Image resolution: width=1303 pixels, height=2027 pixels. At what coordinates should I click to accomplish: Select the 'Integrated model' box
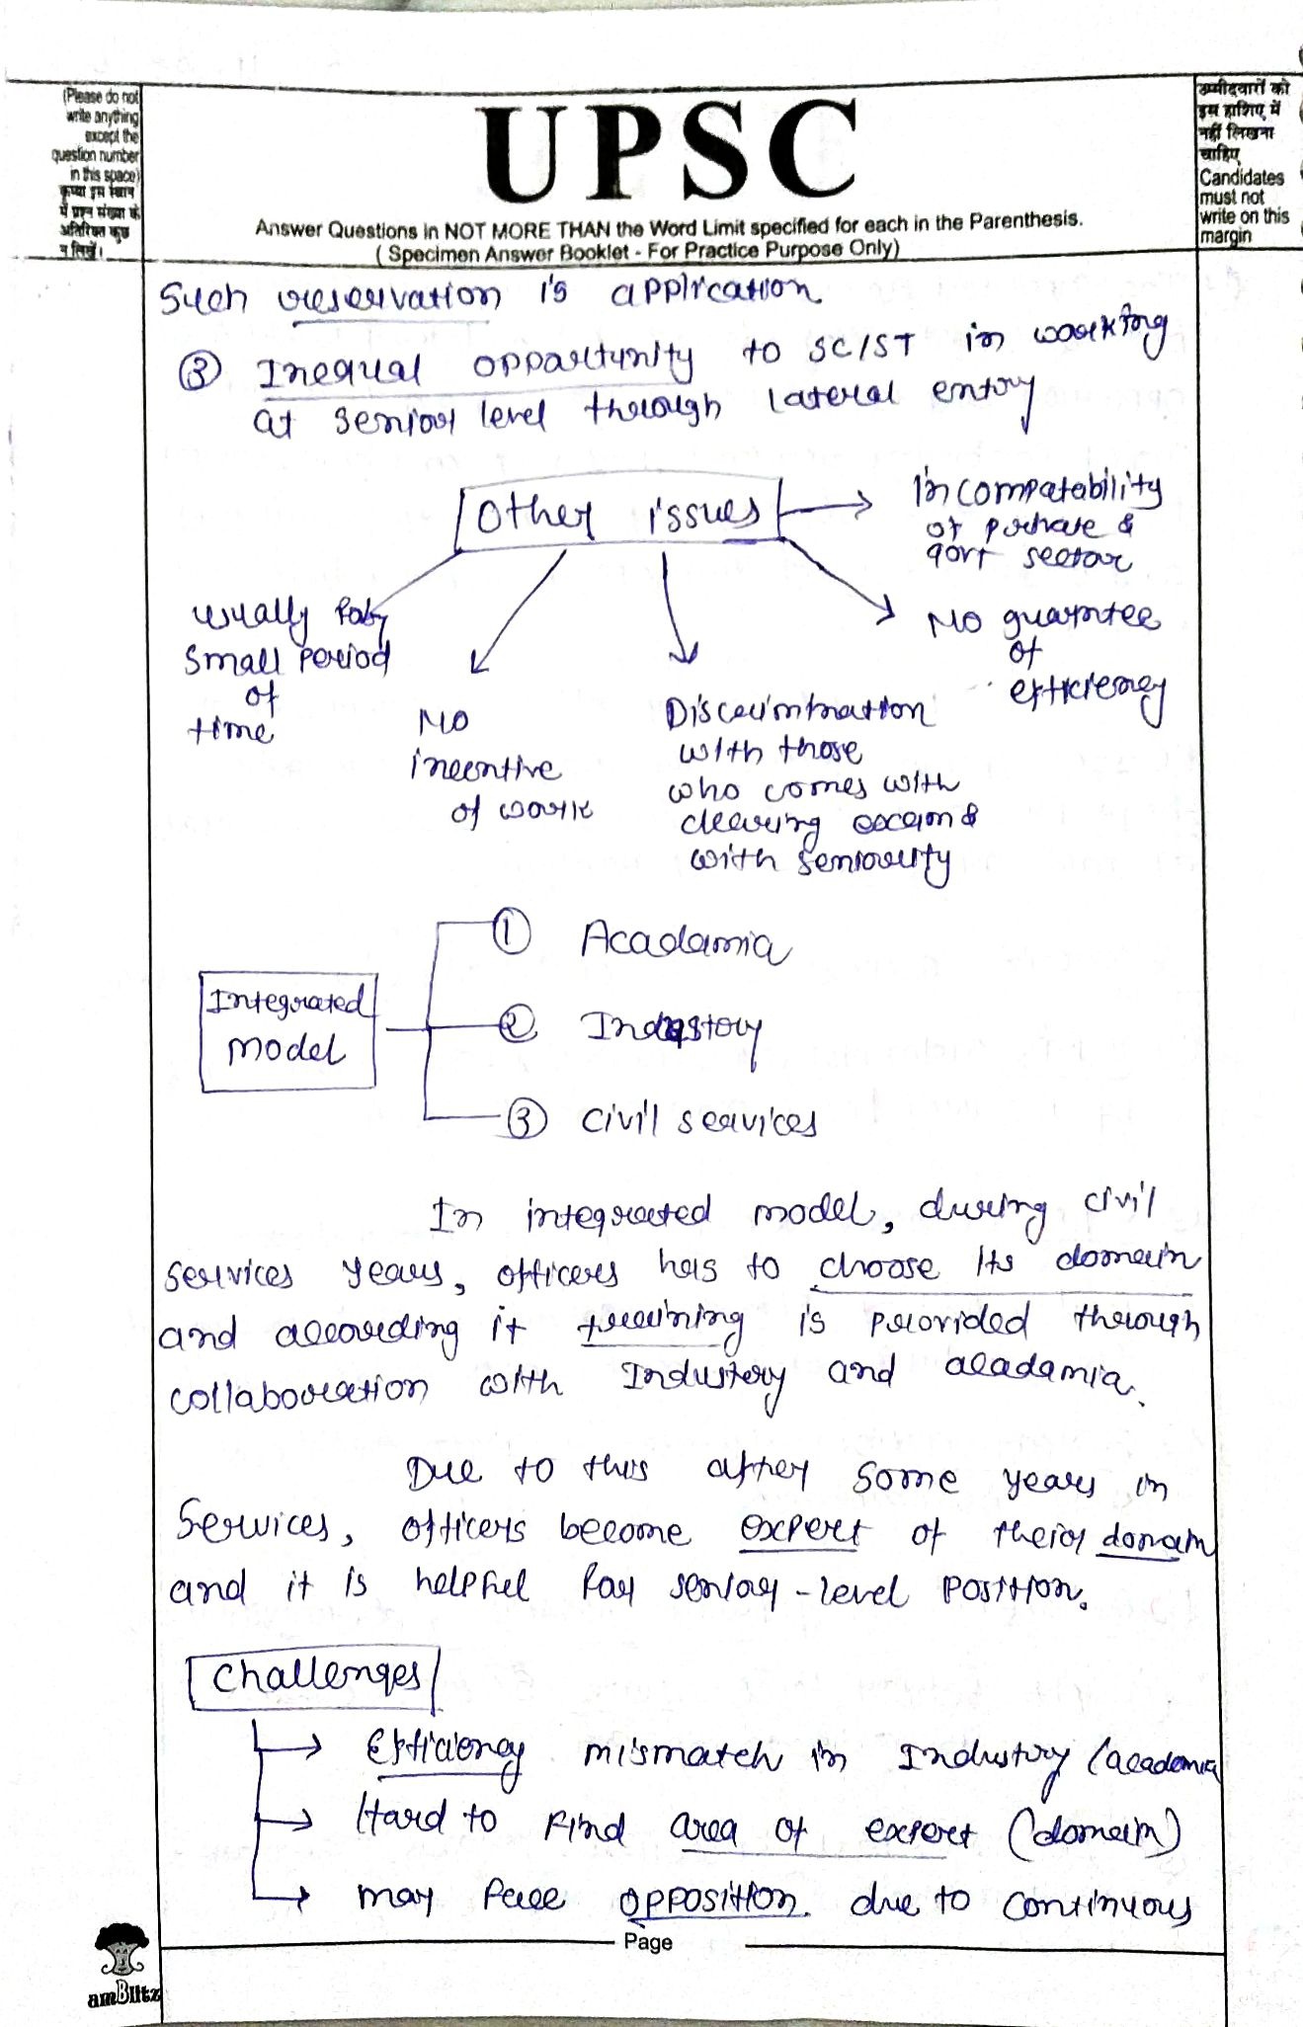pos(287,1030)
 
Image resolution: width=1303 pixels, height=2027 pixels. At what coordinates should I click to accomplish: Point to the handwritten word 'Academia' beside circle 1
pos(684,942)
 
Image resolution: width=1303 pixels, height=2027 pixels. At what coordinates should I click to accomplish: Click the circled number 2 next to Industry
pos(516,1026)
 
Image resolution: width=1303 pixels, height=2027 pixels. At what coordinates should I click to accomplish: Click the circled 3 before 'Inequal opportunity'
pos(200,373)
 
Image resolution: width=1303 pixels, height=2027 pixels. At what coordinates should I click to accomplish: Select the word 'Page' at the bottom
pos(648,1942)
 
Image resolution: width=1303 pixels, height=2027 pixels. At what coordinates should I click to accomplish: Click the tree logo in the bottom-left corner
pos(122,1952)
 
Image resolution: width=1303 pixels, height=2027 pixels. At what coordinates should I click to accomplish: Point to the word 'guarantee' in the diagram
pos(1081,620)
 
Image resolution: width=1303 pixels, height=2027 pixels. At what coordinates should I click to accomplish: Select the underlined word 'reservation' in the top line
pos(388,297)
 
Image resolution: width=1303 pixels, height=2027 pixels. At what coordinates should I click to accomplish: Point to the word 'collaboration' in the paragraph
pos(298,1394)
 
